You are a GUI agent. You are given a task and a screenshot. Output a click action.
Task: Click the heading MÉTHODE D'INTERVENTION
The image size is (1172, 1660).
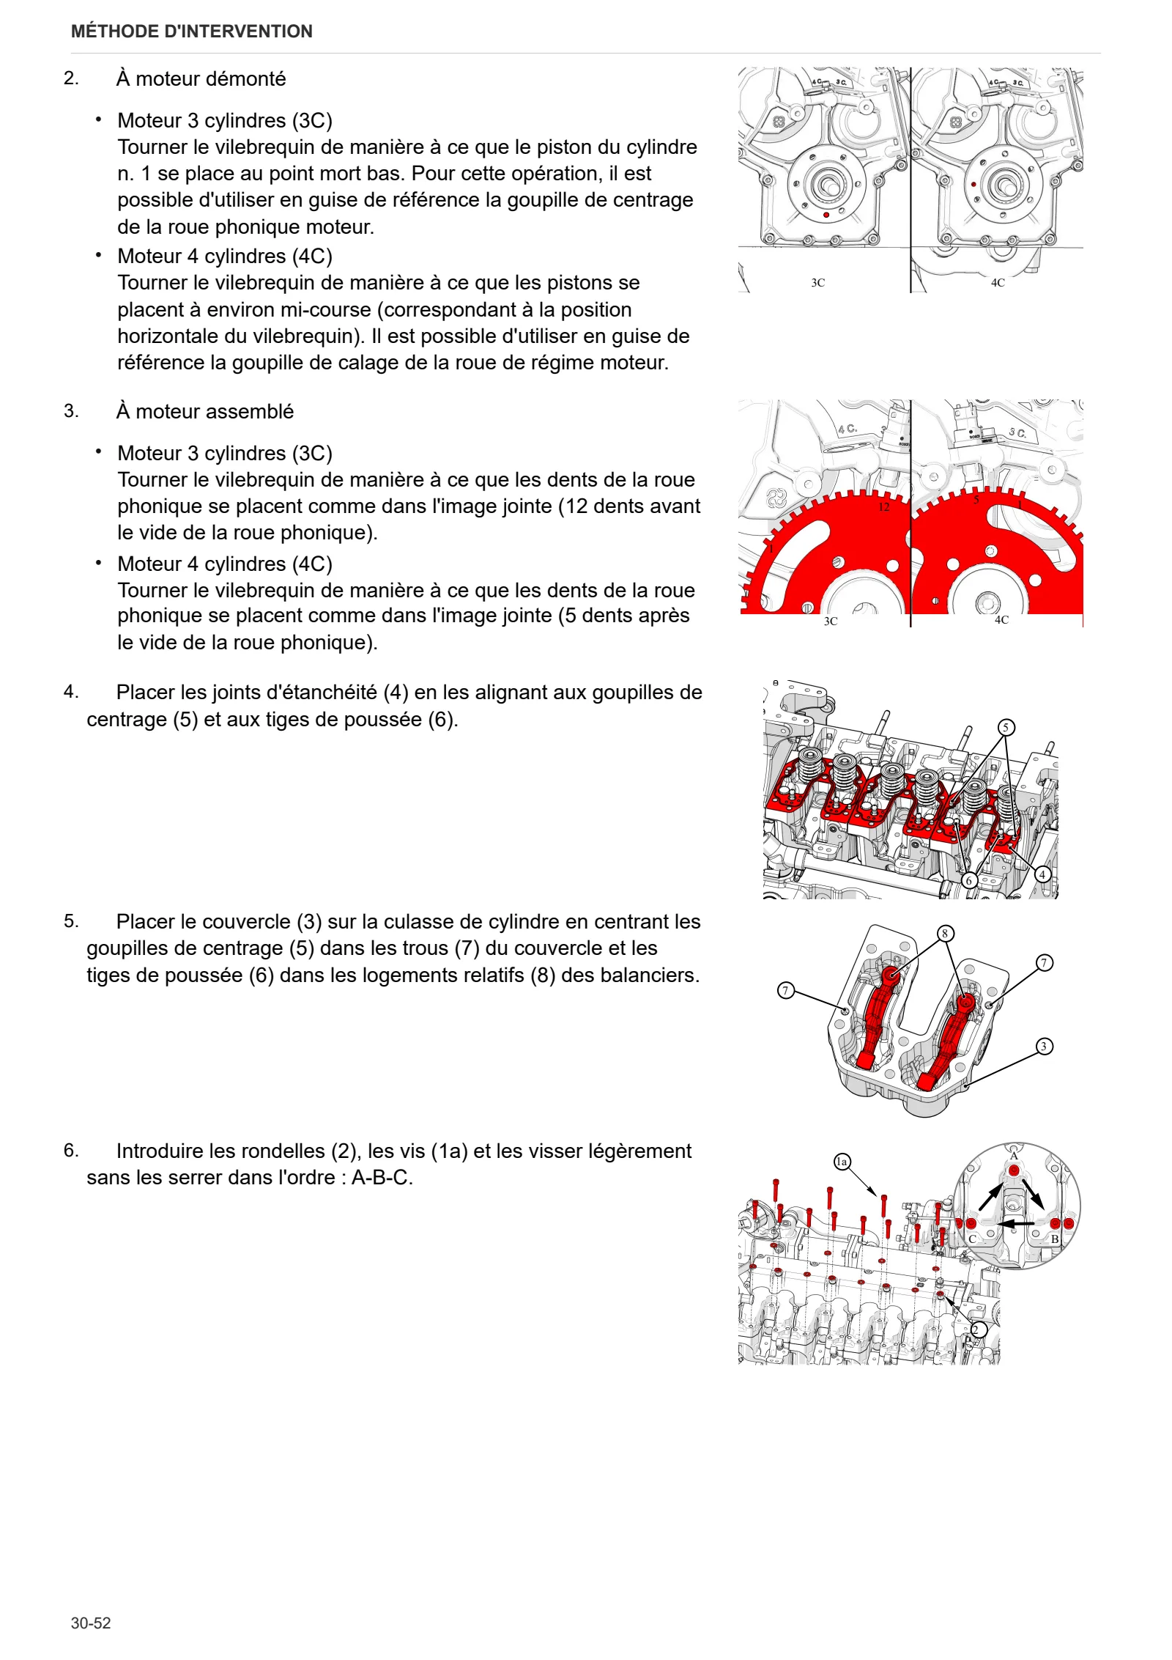pyautogui.click(x=192, y=32)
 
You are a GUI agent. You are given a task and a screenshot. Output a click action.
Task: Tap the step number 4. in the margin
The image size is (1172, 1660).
pyautogui.click(x=71, y=691)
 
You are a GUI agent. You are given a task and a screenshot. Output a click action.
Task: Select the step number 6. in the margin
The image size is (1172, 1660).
pyautogui.click(x=71, y=1150)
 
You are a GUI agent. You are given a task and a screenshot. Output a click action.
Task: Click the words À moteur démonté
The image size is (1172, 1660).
pyautogui.click(x=201, y=78)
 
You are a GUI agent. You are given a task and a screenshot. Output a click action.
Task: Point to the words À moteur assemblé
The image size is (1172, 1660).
pyautogui.click(x=205, y=411)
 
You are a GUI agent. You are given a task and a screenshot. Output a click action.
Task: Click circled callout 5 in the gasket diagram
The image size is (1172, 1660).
pyautogui.click(x=1006, y=727)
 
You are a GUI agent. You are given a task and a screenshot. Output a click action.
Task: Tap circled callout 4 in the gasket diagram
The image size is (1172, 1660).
pyautogui.click(x=1042, y=874)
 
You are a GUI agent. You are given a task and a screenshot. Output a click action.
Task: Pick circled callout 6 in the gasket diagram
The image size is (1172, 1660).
pyautogui.click(x=970, y=880)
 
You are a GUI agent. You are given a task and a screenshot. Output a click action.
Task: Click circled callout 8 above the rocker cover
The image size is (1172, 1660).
pyautogui.click(x=945, y=933)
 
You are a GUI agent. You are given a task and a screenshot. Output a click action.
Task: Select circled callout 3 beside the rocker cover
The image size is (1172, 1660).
pyautogui.click(x=1044, y=1046)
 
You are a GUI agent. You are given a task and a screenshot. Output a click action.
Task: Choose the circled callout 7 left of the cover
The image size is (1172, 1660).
pyautogui.click(x=785, y=991)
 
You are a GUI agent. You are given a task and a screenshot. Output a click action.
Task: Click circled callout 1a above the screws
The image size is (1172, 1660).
pyautogui.click(x=842, y=1161)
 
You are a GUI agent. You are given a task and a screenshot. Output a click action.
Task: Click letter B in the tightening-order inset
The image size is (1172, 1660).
pyautogui.click(x=1055, y=1239)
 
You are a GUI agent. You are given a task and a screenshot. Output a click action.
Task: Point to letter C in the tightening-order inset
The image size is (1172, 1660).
pyautogui.click(x=973, y=1239)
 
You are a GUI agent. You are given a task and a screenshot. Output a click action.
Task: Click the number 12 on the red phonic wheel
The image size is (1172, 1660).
pyautogui.click(x=884, y=506)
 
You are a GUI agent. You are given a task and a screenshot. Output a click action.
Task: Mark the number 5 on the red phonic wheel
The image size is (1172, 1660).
pyautogui.click(x=976, y=500)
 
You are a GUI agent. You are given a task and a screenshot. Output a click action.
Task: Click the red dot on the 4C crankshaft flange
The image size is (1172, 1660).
pyautogui.click(x=973, y=185)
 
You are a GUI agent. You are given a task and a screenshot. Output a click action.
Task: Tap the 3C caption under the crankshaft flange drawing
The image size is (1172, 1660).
pyautogui.click(x=818, y=283)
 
